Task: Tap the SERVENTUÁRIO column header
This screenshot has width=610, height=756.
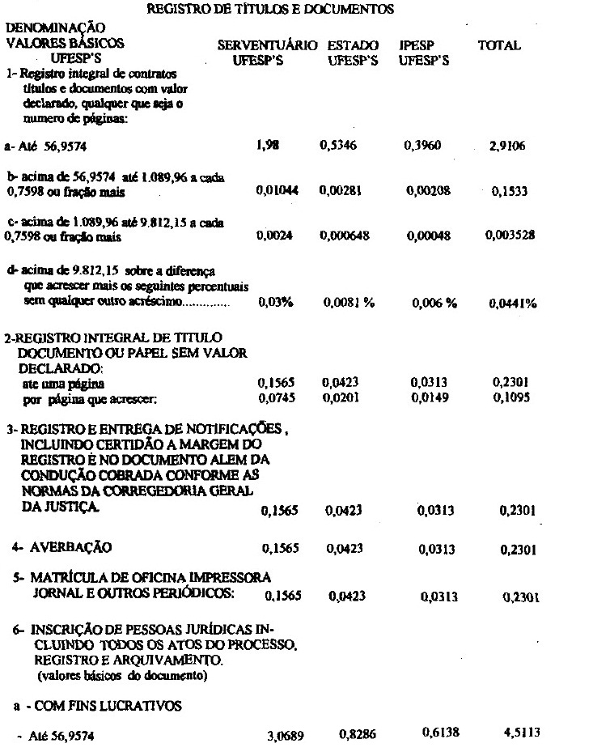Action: [x=268, y=46]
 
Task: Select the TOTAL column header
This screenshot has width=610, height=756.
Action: [x=499, y=46]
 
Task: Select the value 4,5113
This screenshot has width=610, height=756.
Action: [x=519, y=733]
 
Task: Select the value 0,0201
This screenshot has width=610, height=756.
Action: [x=339, y=397]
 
